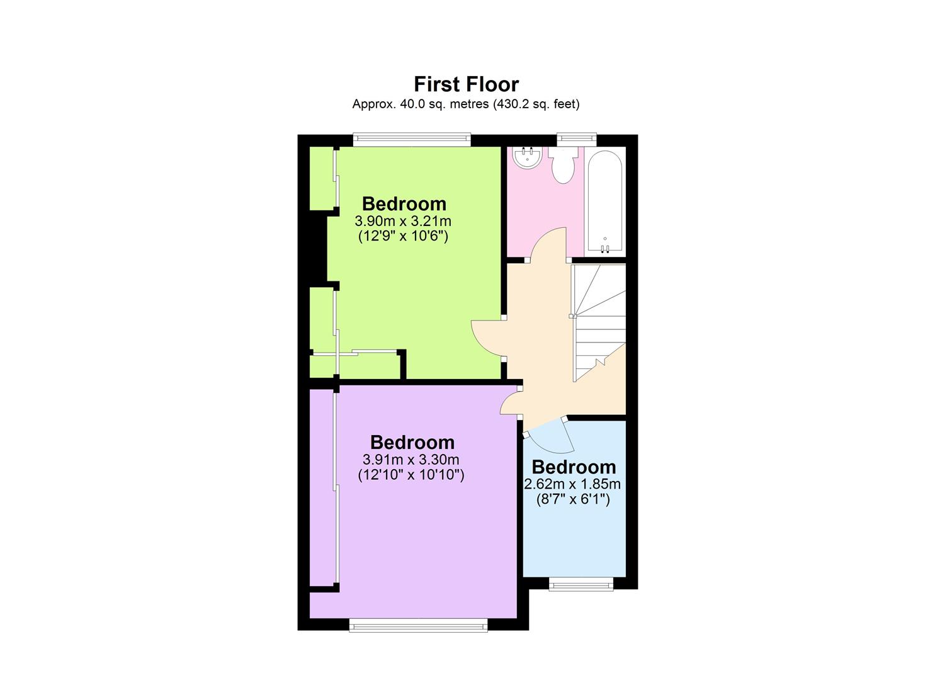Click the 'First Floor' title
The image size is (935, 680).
point(466,84)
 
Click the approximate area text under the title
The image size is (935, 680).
point(466,104)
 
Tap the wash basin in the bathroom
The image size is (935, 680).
point(526,158)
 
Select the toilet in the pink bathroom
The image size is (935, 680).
point(562,166)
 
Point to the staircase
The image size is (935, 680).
point(598,321)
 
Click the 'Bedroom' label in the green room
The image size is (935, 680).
point(404,203)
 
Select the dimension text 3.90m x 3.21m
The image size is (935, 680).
point(403,221)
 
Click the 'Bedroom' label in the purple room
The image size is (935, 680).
point(412,442)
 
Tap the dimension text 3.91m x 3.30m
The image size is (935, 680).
point(411,460)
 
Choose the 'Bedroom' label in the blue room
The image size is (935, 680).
point(574,467)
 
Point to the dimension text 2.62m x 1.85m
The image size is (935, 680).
point(572,484)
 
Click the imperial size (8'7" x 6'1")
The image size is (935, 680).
point(573,500)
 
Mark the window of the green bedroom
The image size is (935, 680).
point(412,140)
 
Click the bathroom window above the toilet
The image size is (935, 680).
point(577,140)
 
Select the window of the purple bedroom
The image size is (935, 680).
point(418,625)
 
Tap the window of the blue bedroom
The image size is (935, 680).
point(581,585)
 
